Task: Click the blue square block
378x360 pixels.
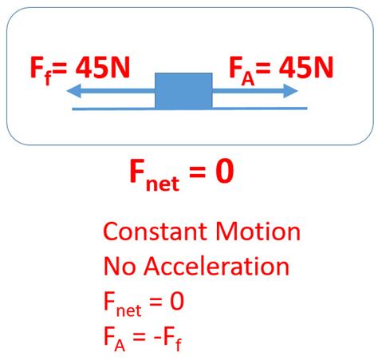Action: (x=183, y=91)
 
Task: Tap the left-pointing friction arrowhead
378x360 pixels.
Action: (x=73, y=91)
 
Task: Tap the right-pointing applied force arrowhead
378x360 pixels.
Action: (x=290, y=91)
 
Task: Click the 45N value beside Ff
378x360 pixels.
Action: (x=103, y=67)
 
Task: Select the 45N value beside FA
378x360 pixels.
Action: (x=306, y=67)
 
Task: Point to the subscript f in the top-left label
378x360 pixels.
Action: (x=48, y=78)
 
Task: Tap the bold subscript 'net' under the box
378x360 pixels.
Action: (x=163, y=184)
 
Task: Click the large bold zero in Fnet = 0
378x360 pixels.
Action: (x=225, y=172)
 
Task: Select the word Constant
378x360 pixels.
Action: (x=155, y=231)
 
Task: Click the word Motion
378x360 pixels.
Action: (x=258, y=231)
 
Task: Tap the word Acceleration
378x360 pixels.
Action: (x=216, y=267)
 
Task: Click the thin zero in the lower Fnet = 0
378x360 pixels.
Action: (x=177, y=301)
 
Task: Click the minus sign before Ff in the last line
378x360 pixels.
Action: (x=157, y=338)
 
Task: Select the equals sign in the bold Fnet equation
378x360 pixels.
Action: (x=197, y=172)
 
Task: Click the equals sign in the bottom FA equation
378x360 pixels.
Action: (x=139, y=337)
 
